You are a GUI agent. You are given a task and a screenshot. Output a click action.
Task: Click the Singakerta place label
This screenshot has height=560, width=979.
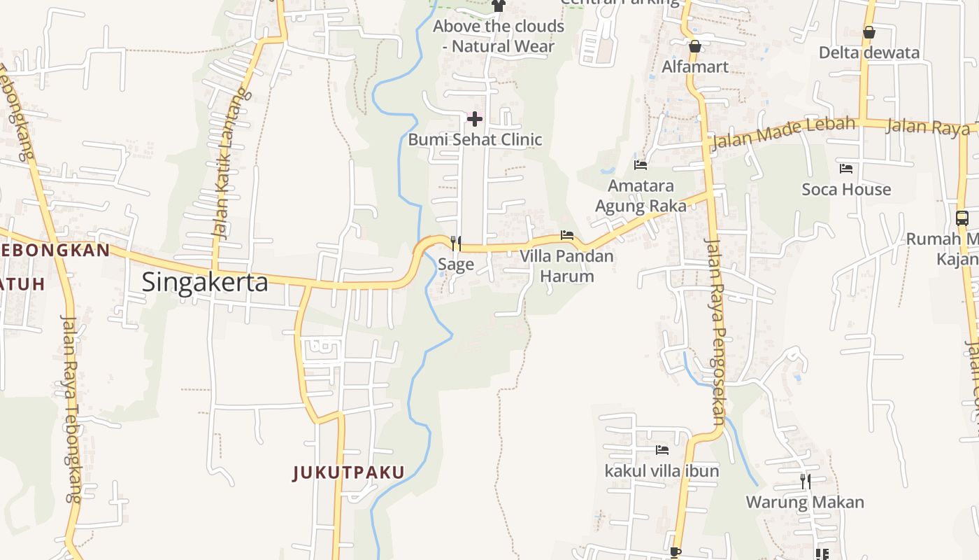click(204, 282)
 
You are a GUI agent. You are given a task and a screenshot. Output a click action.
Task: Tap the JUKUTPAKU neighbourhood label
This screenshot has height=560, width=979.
click(348, 472)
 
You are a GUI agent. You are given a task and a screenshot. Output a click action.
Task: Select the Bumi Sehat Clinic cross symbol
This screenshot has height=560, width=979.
click(475, 118)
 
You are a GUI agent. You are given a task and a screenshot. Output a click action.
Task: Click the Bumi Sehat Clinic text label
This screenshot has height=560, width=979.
click(475, 139)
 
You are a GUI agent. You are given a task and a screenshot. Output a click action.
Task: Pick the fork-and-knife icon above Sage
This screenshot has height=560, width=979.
click(456, 243)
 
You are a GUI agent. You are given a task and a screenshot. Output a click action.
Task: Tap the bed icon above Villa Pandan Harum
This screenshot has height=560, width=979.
click(567, 235)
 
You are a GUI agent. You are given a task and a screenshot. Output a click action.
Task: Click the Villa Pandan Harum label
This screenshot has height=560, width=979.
click(566, 266)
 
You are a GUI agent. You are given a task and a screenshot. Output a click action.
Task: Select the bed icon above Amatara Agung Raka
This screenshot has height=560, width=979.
click(641, 165)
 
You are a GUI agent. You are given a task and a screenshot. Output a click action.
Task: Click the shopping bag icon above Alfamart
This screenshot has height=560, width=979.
click(694, 47)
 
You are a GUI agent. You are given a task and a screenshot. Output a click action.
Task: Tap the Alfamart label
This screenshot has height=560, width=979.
click(695, 66)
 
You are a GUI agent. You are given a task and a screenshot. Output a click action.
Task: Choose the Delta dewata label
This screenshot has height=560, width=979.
click(869, 52)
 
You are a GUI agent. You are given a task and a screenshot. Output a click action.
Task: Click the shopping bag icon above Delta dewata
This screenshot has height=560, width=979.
click(869, 32)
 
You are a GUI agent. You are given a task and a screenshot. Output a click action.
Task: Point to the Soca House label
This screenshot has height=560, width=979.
click(846, 189)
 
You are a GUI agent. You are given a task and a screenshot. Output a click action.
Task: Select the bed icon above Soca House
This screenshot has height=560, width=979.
click(846, 169)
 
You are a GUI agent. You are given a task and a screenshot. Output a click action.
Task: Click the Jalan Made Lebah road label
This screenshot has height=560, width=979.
click(783, 133)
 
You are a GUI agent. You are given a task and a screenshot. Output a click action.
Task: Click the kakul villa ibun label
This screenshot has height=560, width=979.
click(662, 471)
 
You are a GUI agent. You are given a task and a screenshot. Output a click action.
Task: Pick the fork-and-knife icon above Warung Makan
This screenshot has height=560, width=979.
click(805, 481)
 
